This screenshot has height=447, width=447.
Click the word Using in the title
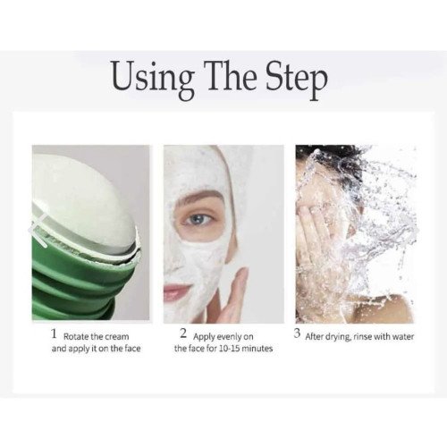[x=152, y=78]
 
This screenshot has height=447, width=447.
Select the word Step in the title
[x=297, y=80]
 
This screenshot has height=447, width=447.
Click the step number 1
[x=54, y=333]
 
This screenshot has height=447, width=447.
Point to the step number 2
[x=183, y=333]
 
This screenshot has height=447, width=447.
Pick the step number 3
[x=297, y=333]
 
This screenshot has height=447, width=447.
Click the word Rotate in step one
[x=76, y=337]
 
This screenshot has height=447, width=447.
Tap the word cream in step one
[x=117, y=337]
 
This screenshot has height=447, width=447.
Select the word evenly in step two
[x=229, y=337]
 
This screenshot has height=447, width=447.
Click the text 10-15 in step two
[x=229, y=349]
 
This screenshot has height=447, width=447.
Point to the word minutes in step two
[x=257, y=349]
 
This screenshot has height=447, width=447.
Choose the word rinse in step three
[x=362, y=337]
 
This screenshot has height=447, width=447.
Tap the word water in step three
[x=403, y=337]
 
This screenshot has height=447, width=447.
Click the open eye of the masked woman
[x=197, y=220]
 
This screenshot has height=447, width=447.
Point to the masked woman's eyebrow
[x=199, y=197]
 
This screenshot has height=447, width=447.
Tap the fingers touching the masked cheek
[x=235, y=293]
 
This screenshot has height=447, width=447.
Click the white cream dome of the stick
[x=87, y=197]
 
